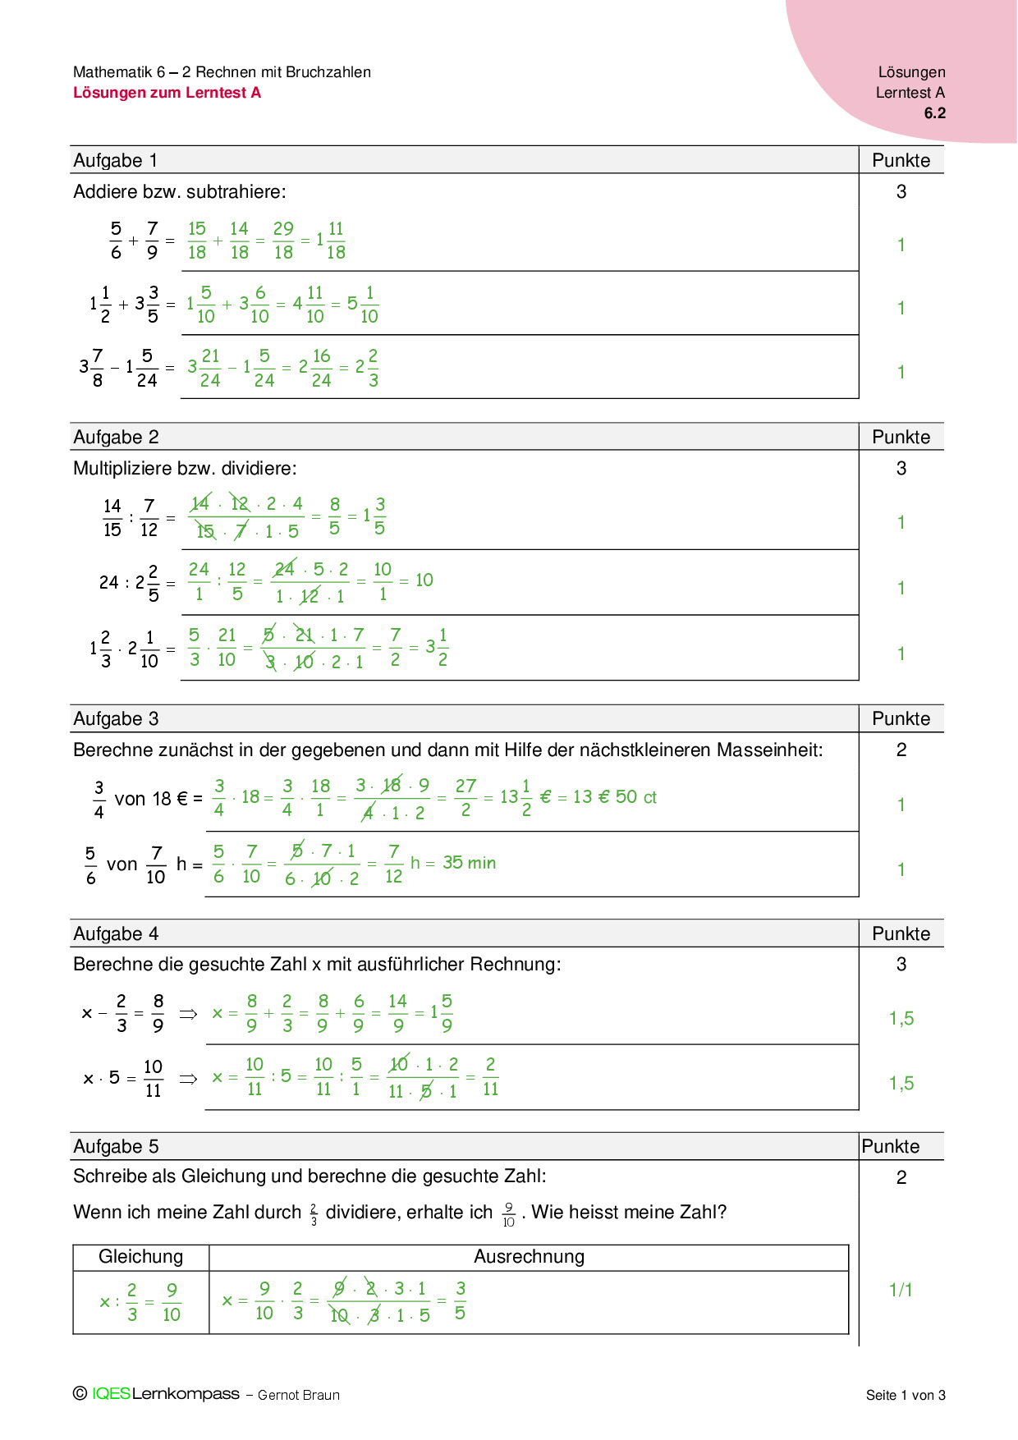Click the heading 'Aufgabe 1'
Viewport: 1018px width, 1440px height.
click(115, 160)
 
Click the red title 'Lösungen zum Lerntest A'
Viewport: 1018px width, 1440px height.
click(167, 93)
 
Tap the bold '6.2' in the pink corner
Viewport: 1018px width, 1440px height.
click(934, 113)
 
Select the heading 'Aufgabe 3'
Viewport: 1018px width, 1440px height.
click(116, 718)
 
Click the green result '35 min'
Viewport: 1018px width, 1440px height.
click(469, 863)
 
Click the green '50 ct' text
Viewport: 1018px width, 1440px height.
click(636, 797)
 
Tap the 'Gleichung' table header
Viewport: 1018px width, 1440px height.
click(140, 1256)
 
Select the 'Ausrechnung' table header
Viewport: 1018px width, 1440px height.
click(529, 1256)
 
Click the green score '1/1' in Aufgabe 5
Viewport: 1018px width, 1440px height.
click(901, 1290)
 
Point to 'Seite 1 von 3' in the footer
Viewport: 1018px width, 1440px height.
click(906, 1395)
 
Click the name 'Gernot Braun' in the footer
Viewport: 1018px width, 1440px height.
click(298, 1395)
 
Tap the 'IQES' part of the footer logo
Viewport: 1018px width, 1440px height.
click(111, 1393)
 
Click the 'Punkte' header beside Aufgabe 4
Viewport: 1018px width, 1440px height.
click(901, 933)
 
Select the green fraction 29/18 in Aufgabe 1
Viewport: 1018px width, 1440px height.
click(283, 241)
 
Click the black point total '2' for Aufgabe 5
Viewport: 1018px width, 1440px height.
click(901, 1177)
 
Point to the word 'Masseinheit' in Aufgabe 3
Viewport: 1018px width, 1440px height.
click(769, 750)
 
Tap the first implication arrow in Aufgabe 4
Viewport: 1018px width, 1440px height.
click(188, 1014)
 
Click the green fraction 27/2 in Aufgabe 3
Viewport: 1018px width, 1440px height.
click(465, 797)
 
